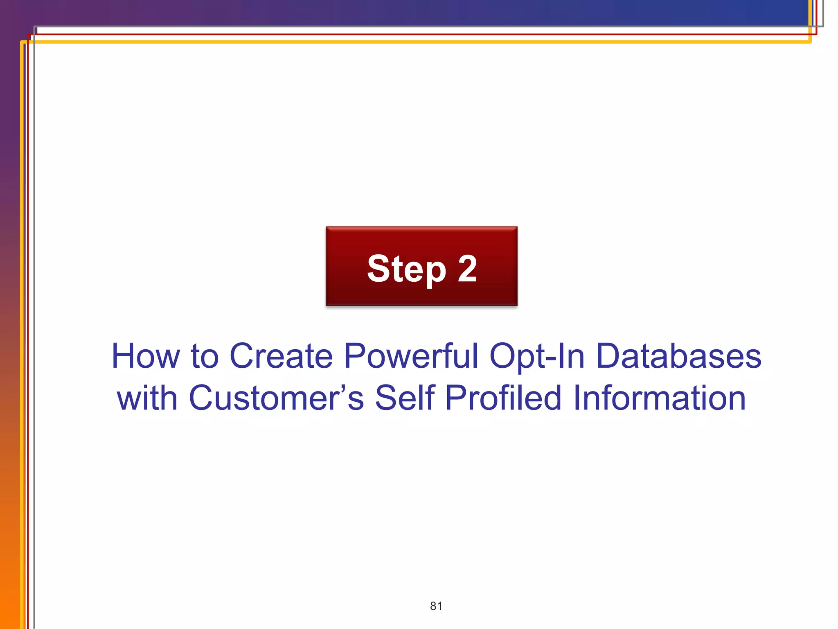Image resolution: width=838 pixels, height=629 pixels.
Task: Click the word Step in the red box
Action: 406,269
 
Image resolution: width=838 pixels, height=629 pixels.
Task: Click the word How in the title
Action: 145,356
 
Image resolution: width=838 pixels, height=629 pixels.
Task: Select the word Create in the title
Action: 281,356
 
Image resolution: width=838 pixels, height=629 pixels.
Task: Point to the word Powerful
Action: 411,356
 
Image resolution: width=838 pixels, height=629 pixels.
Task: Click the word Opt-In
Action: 537,357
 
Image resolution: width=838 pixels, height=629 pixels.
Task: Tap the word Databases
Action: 678,356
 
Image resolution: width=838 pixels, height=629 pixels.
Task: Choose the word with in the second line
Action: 147,398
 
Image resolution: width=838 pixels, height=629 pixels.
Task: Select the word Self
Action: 405,398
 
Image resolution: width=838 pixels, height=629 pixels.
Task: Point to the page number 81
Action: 436,606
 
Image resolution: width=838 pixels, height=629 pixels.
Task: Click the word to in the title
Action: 205,356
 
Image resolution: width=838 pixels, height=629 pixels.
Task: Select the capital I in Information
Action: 577,398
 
